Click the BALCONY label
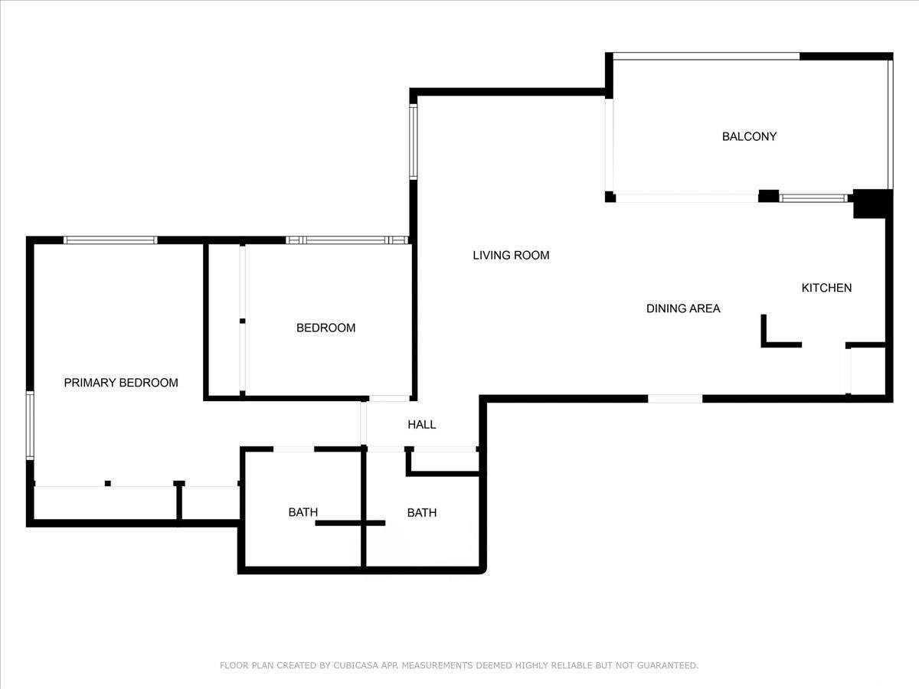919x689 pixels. pyautogui.click(x=749, y=136)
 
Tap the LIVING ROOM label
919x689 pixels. pyautogui.click(x=511, y=255)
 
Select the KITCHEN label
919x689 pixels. pyautogui.click(x=826, y=288)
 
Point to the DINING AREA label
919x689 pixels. pyautogui.click(x=683, y=309)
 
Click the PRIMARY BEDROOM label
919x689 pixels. pyautogui.click(x=121, y=382)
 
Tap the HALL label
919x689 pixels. pyautogui.click(x=422, y=425)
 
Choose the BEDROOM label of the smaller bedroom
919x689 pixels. pyautogui.click(x=325, y=328)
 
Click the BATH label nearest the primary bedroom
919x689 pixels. pyautogui.click(x=303, y=512)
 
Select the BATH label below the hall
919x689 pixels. pyautogui.click(x=422, y=512)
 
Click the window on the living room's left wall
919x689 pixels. pyautogui.click(x=414, y=142)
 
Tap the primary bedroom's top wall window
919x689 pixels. pyautogui.click(x=110, y=240)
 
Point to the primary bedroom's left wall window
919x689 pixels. pyautogui.click(x=30, y=426)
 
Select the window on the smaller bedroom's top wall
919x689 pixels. pyautogui.click(x=347, y=240)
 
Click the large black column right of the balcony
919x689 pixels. pyautogui.click(x=872, y=204)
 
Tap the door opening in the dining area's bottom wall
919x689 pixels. pyautogui.click(x=675, y=399)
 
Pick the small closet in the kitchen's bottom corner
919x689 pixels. pyautogui.click(x=867, y=371)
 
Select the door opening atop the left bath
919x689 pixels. pyautogui.click(x=293, y=449)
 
